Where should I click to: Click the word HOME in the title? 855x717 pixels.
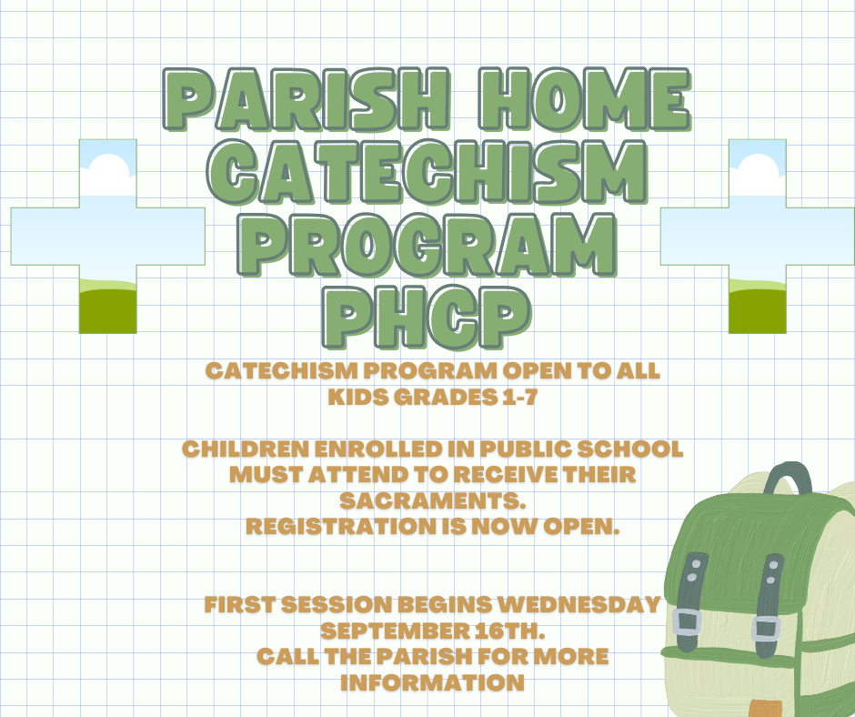[584, 99]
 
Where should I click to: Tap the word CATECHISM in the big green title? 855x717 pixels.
[428, 171]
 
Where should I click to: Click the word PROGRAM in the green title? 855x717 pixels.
[428, 245]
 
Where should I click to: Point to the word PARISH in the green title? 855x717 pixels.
[307, 99]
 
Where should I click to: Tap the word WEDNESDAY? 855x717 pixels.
[579, 604]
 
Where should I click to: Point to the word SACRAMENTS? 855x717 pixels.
[432, 500]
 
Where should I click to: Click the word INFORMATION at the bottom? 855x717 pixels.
[432, 682]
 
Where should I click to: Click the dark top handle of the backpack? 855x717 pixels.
[788, 478]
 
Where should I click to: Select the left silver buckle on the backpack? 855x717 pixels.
[687, 622]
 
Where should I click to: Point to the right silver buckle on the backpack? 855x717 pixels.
[766, 629]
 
